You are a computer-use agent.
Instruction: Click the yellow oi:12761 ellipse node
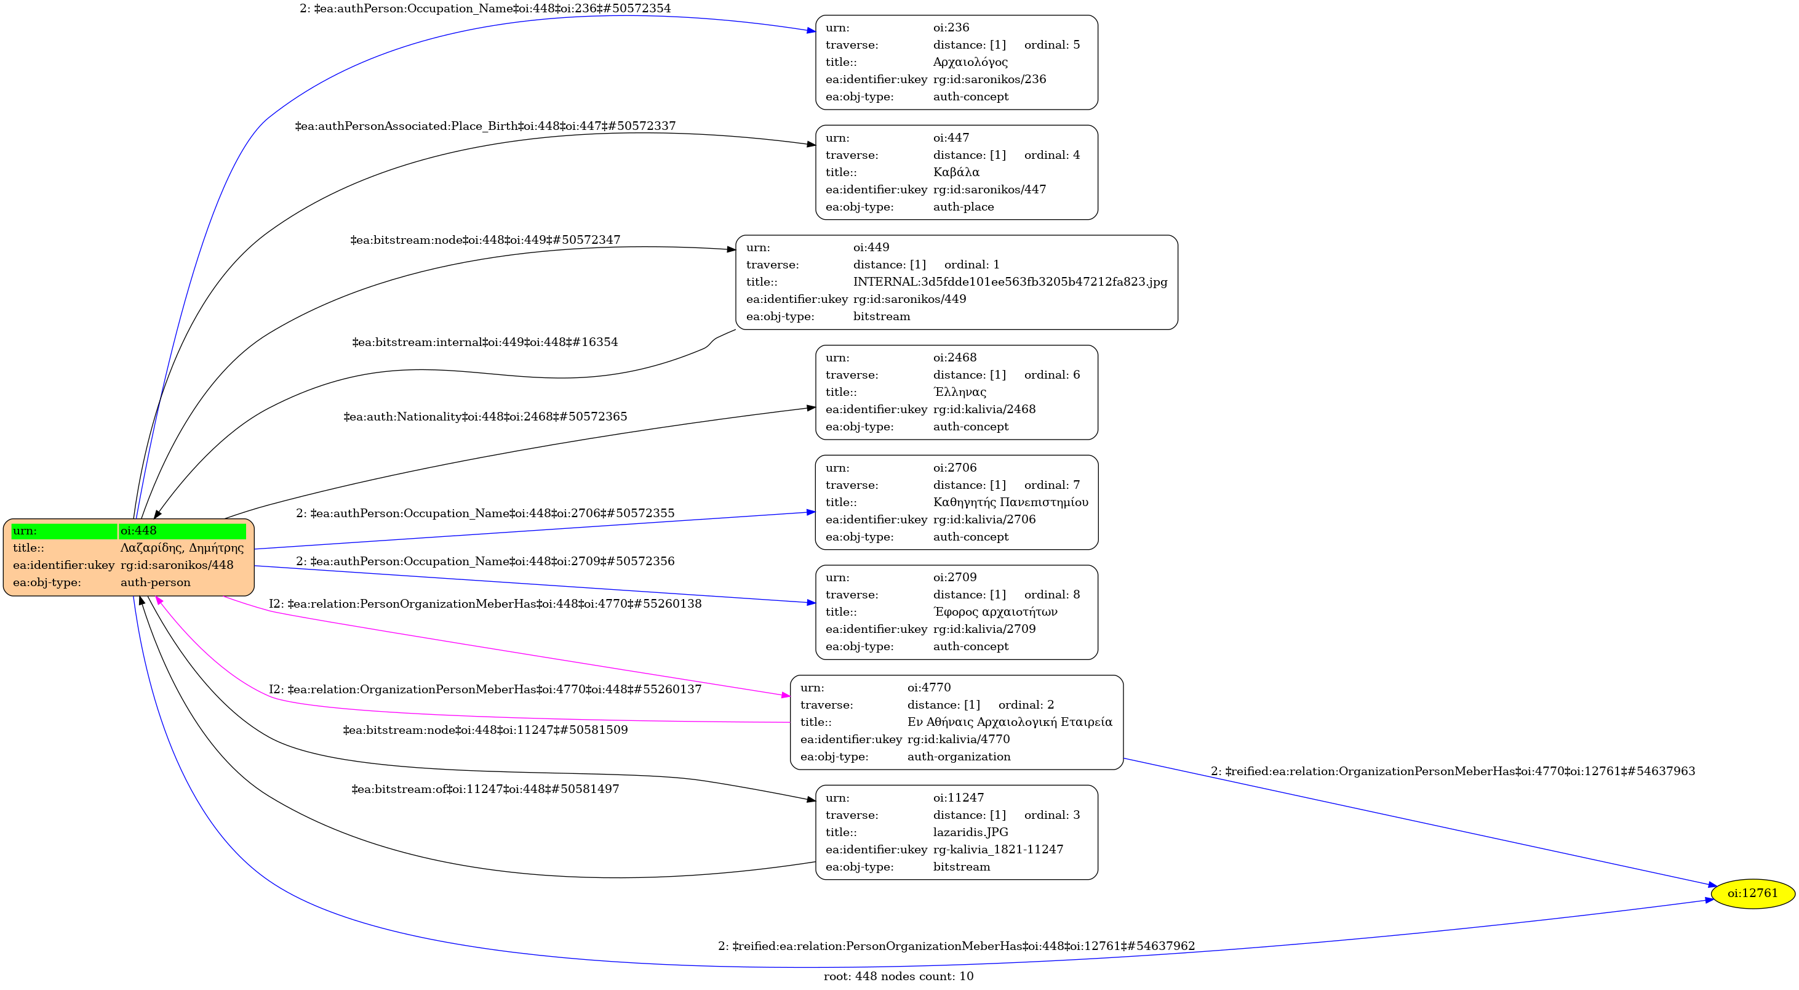[1753, 893]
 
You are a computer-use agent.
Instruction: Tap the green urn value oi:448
[138, 531]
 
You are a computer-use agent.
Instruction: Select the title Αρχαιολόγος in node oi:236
[970, 62]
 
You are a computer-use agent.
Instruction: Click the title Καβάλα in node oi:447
[956, 172]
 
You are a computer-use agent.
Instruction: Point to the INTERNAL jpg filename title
[1010, 281]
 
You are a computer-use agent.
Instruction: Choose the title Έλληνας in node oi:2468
[960, 392]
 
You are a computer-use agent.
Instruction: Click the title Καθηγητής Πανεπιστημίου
[1010, 502]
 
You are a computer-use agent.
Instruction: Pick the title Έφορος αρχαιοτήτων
[995, 612]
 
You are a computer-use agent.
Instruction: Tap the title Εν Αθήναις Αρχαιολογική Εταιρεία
[1010, 722]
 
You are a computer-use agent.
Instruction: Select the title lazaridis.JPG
[970, 832]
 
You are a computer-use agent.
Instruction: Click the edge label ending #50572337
[485, 126]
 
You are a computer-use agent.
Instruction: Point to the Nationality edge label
[485, 417]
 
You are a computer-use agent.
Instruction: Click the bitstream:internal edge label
[485, 342]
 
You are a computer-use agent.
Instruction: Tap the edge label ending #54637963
[1453, 771]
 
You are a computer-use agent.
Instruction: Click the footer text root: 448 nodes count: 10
[898, 976]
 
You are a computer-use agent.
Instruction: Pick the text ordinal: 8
[1051, 595]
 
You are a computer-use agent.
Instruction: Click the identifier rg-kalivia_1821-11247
[998, 850]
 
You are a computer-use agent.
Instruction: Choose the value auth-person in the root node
[155, 582]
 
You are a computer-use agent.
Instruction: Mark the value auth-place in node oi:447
[963, 207]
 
